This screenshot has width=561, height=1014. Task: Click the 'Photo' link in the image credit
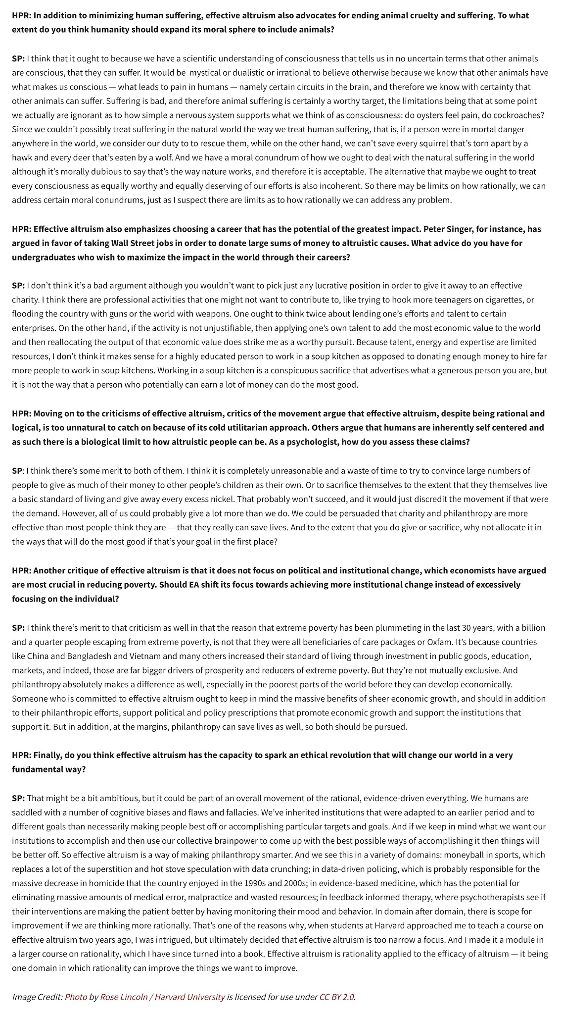click(x=76, y=997)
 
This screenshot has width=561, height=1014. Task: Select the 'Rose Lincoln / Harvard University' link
click(x=162, y=997)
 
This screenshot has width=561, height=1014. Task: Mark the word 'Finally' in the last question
click(x=48, y=755)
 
